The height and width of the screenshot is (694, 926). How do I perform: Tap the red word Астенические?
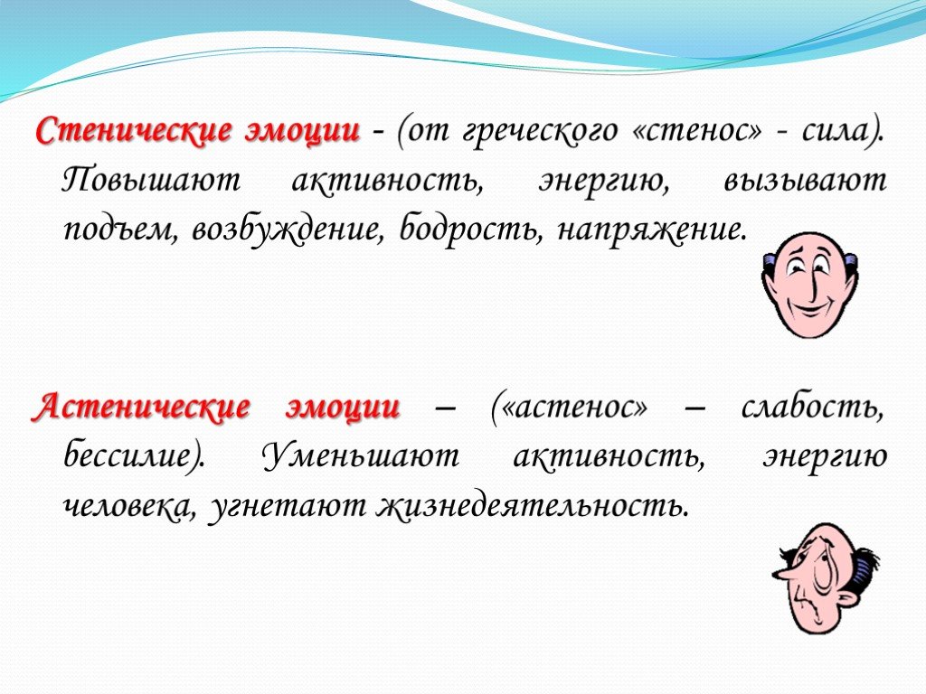[140, 408]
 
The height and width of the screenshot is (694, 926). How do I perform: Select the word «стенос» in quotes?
[697, 132]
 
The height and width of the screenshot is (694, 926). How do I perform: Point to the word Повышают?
[151, 181]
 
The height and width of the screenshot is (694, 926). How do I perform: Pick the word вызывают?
[805, 181]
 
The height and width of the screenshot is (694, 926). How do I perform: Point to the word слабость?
[813, 408]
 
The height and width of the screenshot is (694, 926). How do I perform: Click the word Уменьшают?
[361, 455]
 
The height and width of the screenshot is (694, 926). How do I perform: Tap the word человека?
[128, 506]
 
